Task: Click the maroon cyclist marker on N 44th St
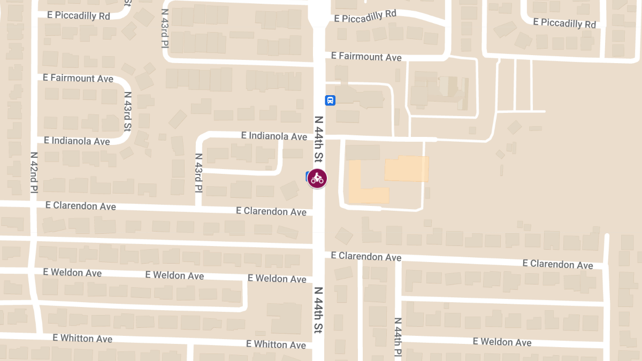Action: click(x=317, y=178)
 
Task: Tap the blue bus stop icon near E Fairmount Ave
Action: click(x=330, y=100)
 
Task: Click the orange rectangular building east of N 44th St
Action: click(x=407, y=168)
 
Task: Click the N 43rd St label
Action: click(x=128, y=111)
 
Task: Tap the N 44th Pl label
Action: click(x=398, y=337)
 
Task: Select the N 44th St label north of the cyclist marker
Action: click(x=319, y=139)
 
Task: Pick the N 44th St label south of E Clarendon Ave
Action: click(x=318, y=310)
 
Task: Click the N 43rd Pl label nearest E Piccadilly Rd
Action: click(x=165, y=29)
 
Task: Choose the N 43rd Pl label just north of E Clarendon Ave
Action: click(x=198, y=173)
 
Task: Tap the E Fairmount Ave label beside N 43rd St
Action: click(x=79, y=78)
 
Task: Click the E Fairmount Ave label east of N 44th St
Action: click(x=366, y=56)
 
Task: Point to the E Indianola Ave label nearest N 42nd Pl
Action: click(x=77, y=141)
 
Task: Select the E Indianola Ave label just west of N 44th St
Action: click(x=274, y=136)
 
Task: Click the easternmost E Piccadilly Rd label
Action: click(x=564, y=23)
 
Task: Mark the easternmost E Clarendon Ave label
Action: click(x=557, y=264)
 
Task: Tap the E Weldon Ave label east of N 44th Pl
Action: click(x=502, y=342)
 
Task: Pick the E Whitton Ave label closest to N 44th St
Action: click(x=276, y=344)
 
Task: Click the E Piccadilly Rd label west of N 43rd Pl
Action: click(x=79, y=15)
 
